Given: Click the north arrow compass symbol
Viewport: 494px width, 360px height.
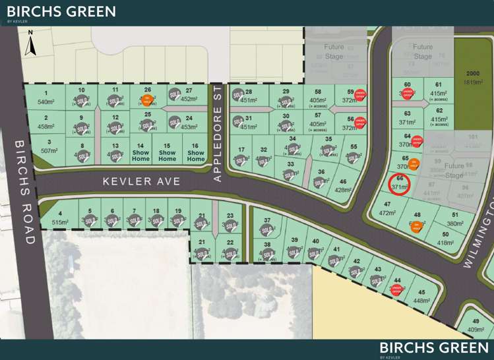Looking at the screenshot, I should (30, 43).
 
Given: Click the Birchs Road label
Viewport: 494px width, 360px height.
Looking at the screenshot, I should (22, 191).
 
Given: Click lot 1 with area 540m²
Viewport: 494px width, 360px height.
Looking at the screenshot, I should (46, 98).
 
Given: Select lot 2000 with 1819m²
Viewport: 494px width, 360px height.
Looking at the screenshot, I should (473, 78).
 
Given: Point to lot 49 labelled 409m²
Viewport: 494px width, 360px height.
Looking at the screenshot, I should (476, 325).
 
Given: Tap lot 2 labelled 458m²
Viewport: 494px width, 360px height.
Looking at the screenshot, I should (46, 122).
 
